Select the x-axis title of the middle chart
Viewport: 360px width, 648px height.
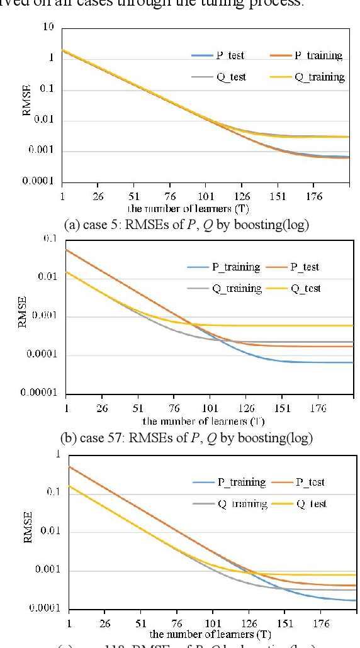pos(203,421)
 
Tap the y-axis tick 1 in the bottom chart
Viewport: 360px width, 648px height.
pos(59,454)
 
